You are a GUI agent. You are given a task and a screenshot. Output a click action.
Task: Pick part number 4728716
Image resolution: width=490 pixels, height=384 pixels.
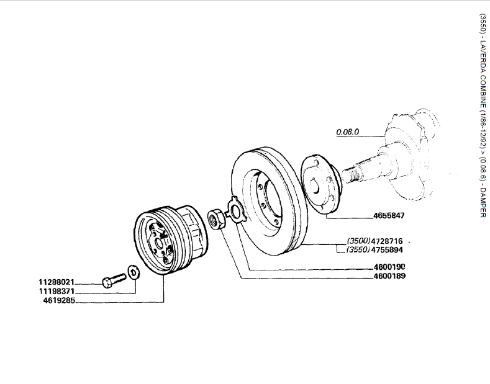[x=387, y=241]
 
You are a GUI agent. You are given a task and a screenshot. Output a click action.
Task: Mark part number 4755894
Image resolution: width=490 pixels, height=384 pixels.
[x=387, y=251]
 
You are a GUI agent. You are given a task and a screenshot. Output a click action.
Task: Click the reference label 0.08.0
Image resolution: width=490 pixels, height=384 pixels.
[x=348, y=132]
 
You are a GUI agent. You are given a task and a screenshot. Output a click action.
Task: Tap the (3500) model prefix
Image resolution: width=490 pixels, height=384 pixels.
[x=358, y=241]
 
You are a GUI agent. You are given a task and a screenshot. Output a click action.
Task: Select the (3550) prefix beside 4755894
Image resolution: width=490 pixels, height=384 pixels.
[x=358, y=251]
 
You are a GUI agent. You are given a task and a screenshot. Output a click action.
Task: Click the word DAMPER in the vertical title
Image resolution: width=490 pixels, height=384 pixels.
[x=482, y=200]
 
